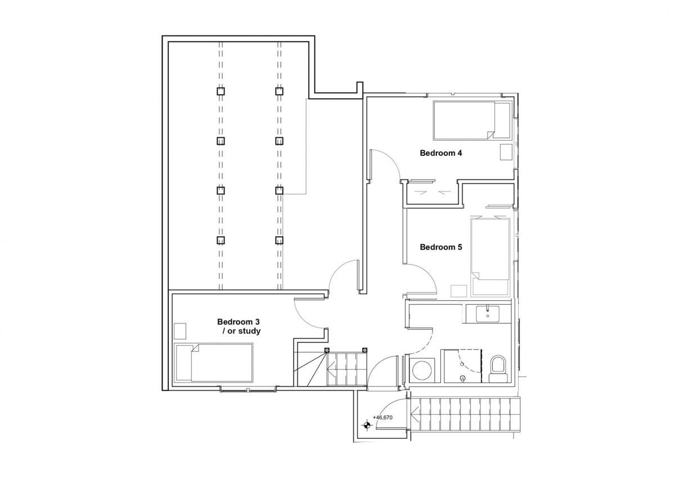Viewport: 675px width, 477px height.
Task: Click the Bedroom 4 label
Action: [441, 153]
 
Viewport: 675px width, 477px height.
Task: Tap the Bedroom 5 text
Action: [441, 247]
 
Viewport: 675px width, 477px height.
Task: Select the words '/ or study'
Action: [241, 331]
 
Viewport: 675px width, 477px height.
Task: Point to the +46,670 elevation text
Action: [382, 417]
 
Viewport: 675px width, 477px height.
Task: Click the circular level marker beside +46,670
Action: [367, 425]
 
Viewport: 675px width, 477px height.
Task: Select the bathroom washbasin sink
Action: [487, 314]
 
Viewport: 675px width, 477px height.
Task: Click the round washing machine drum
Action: [421, 371]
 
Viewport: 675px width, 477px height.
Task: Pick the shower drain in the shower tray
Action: [462, 377]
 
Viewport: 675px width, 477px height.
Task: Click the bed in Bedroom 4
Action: [472, 120]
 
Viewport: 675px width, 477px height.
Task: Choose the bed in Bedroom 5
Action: [490, 257]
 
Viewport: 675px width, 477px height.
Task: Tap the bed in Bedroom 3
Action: [214, 362]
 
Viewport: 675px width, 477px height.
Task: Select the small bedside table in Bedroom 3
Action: [180, 331]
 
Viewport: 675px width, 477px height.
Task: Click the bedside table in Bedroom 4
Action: [506, 152]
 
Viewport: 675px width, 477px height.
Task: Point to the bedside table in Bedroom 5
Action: [458, 291]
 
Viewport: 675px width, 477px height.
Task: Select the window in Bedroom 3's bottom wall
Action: [248, 390]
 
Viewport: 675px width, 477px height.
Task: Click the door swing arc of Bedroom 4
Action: [390, 161]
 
